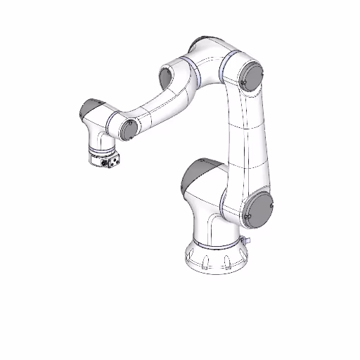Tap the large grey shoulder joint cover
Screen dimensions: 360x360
pos(258,210)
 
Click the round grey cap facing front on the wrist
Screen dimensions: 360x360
pos(128,127)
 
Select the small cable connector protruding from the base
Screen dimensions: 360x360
pos(247,241)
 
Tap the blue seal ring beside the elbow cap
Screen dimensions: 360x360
pos(224,68)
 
